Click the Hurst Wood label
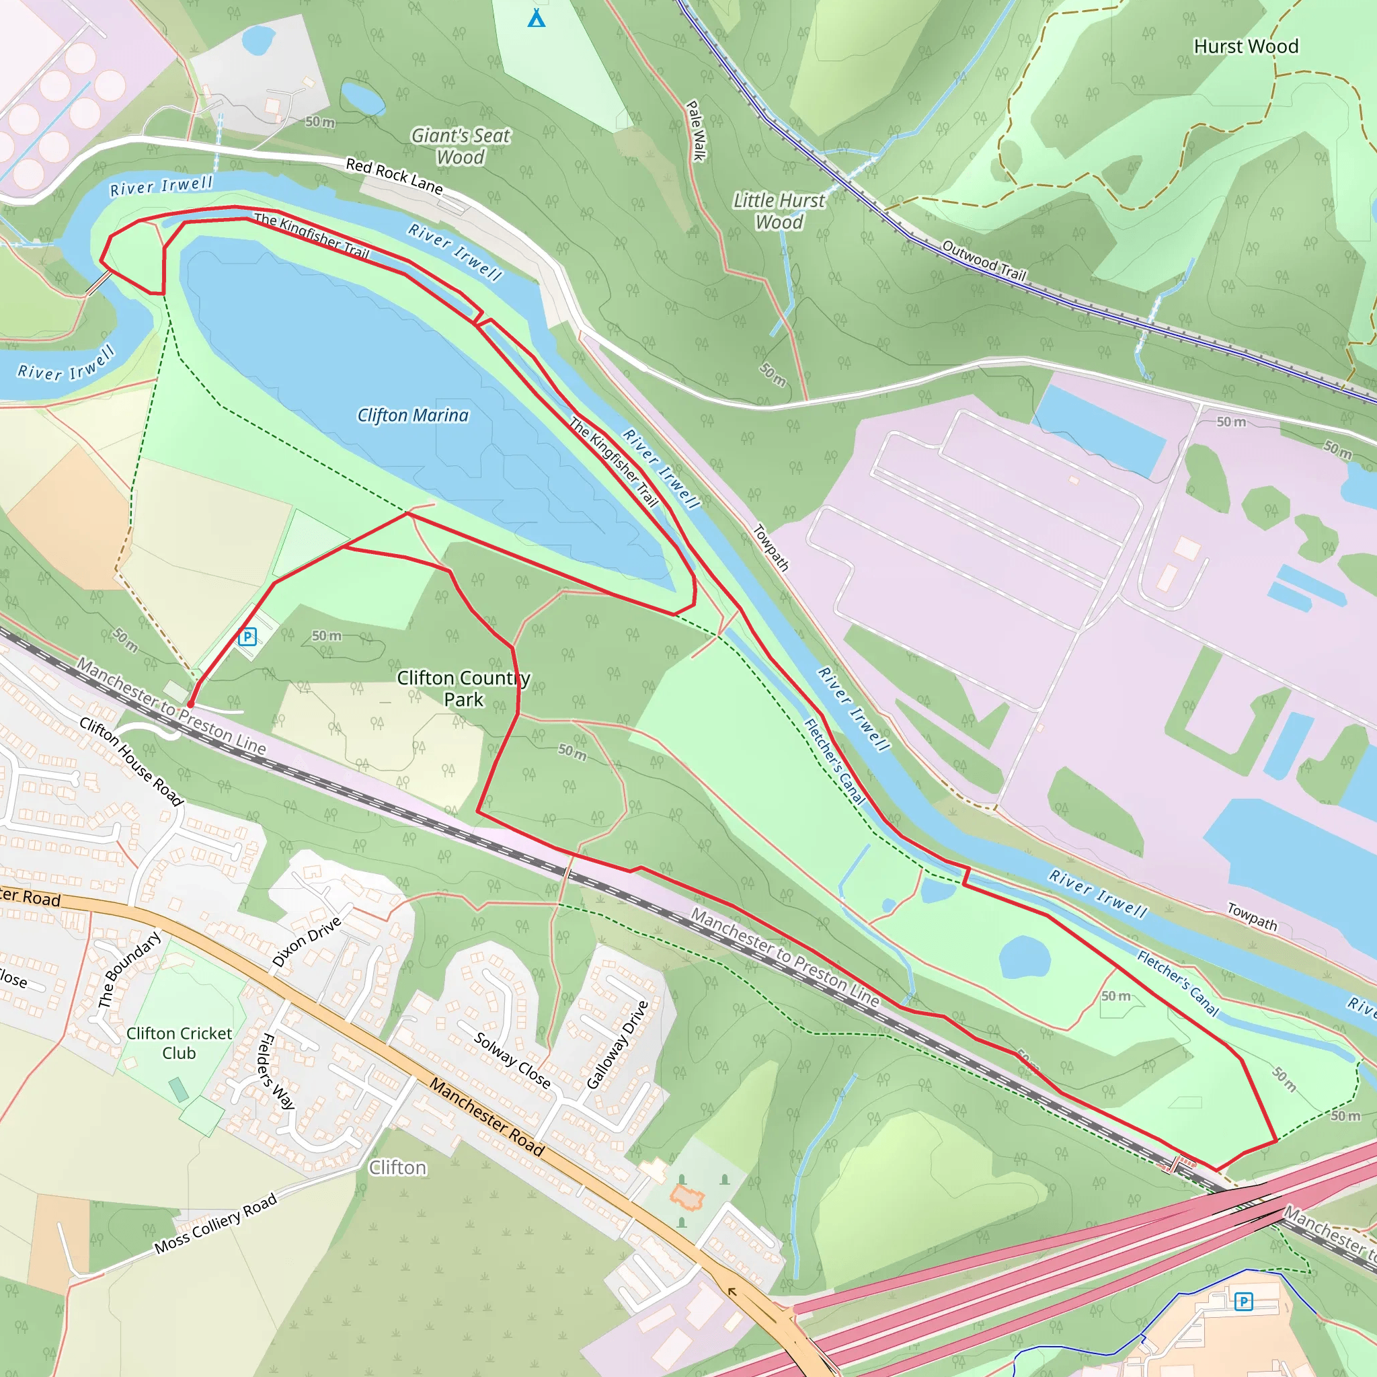[x=1245, y=46]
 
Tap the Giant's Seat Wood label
[x=461, y=146]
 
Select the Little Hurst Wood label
[x=779, y=211]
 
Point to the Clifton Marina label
[x=413, y=415]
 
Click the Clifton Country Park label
[x=463, y=688]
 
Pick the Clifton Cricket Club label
[x=179, y=1043]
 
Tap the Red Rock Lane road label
[x=394, y=175]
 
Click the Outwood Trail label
[x=984, y=260]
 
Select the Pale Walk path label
[x=696, y=130]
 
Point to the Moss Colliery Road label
[x=215, y=1223]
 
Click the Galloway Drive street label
[x=617, y=1045]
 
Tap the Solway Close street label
[x=512, y=1060]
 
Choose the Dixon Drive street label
[x=307, y=942]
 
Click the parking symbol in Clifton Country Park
[x=247, y=637]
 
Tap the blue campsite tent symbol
[x=537, y=18]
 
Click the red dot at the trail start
[x=190, y=704]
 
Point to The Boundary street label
[x=128, y=970]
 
